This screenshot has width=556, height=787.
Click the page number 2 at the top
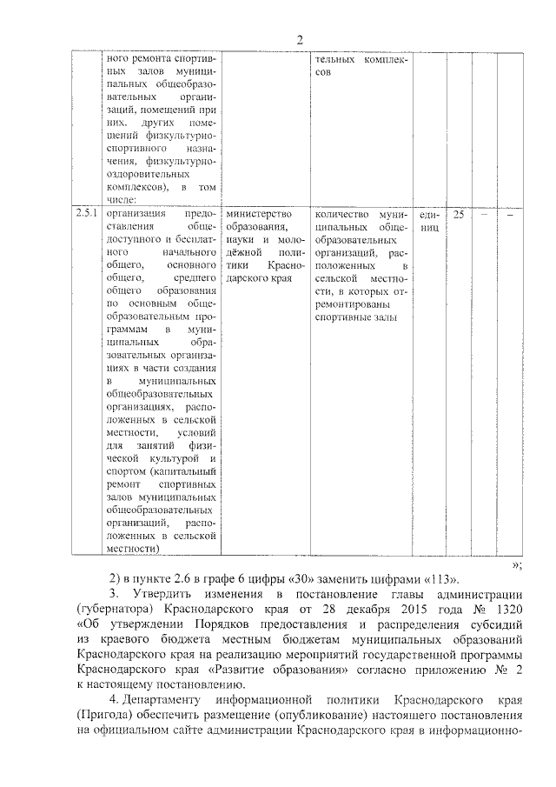[298, 39]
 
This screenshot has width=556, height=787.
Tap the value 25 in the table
[459, 214]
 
